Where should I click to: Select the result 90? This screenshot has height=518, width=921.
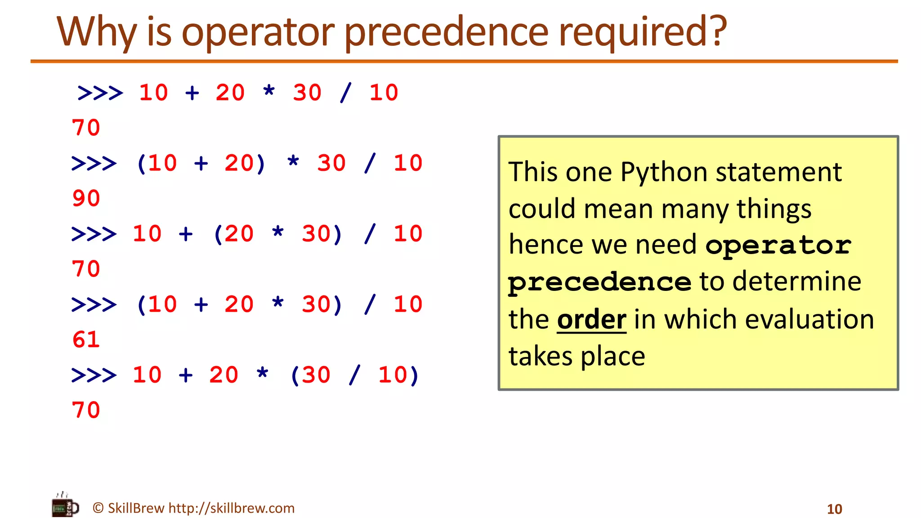(86, 198)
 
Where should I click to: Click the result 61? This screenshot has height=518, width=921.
(86, 339)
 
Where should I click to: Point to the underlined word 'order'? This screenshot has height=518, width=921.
(591, 320)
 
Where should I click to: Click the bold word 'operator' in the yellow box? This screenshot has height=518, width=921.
(778, 246)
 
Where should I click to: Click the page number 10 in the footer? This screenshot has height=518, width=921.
(834, 509)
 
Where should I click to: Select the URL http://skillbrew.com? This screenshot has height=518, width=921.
(231, 508)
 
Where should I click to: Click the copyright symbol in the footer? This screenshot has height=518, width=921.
(98, 508)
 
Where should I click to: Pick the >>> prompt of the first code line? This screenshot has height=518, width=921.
(100, 93)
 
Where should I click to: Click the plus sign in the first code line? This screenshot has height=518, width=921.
(192, 93)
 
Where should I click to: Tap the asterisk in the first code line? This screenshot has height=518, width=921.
(269, 91)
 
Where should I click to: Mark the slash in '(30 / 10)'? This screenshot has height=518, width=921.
(354, 375)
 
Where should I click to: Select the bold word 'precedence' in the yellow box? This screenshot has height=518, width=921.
(599, 282)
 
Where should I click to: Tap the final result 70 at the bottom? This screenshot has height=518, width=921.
(86, 410)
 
